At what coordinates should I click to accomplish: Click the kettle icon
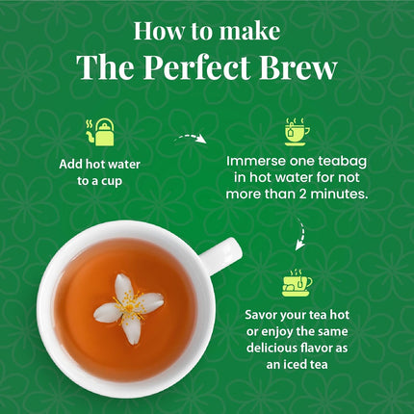[x=100, y=132]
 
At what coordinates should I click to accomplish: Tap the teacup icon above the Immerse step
[x=297, y=130]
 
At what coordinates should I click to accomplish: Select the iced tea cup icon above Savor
[x=297, y=282]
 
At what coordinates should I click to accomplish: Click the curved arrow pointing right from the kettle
[x=191, y=140]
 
